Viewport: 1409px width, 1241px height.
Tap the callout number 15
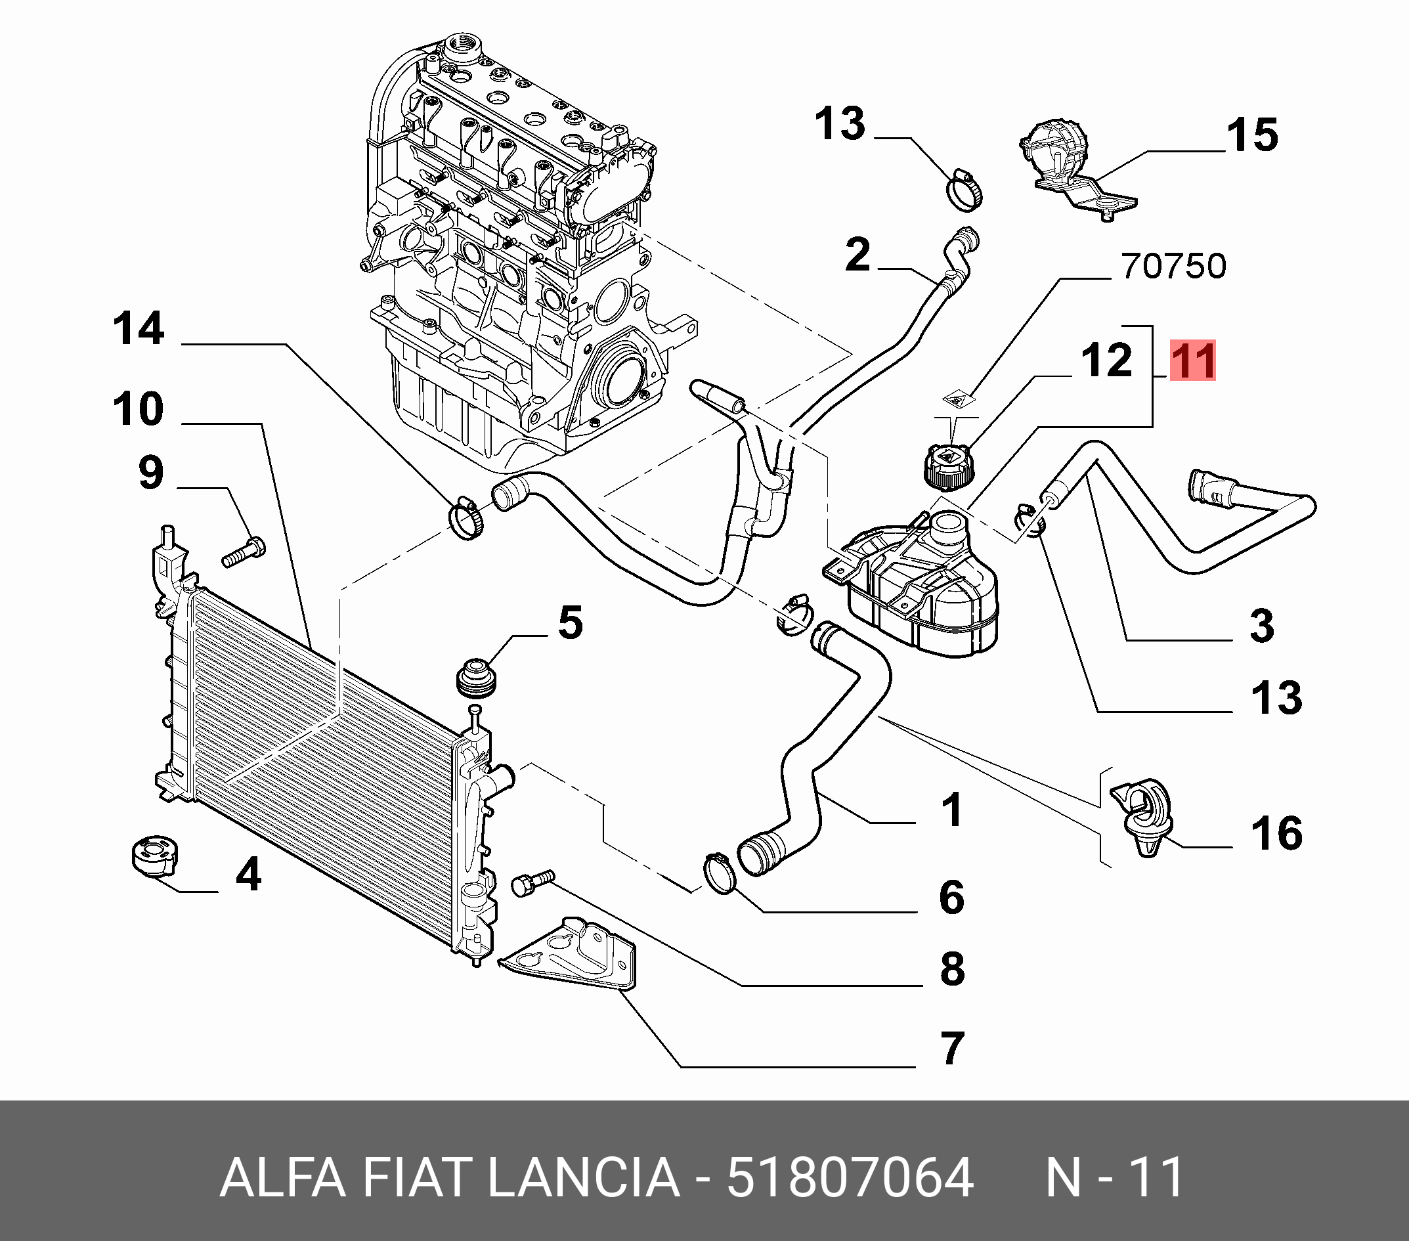[x=1253, y=135]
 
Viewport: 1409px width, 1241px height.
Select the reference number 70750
[x=1174, y=266]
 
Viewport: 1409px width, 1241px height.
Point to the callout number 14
[x=139, y=328]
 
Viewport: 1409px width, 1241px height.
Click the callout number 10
[x=139, y=410]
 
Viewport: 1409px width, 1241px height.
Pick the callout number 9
[x=151, y=473]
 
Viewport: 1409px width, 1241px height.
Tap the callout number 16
[x=1276, y=833]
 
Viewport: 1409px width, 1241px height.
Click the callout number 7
[x=952, y=1049]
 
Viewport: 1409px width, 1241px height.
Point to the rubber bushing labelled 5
[x=475, y=678]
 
